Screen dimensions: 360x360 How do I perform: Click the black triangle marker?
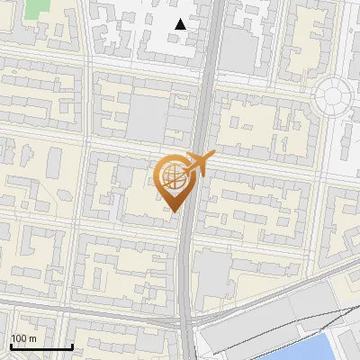181,24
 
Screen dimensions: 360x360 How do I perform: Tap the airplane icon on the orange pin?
197,164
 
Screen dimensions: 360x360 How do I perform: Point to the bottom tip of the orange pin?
173,211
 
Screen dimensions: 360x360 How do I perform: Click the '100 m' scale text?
23,339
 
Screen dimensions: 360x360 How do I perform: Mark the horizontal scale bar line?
41,347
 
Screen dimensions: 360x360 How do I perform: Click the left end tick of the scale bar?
11,346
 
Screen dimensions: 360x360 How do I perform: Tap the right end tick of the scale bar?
72,346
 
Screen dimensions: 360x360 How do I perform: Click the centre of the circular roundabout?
332,93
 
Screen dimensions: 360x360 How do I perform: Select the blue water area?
329,347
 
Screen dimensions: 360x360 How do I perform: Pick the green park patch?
37,9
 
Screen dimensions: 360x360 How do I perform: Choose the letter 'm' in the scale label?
32,339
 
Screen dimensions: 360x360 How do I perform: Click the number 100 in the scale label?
19,339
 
